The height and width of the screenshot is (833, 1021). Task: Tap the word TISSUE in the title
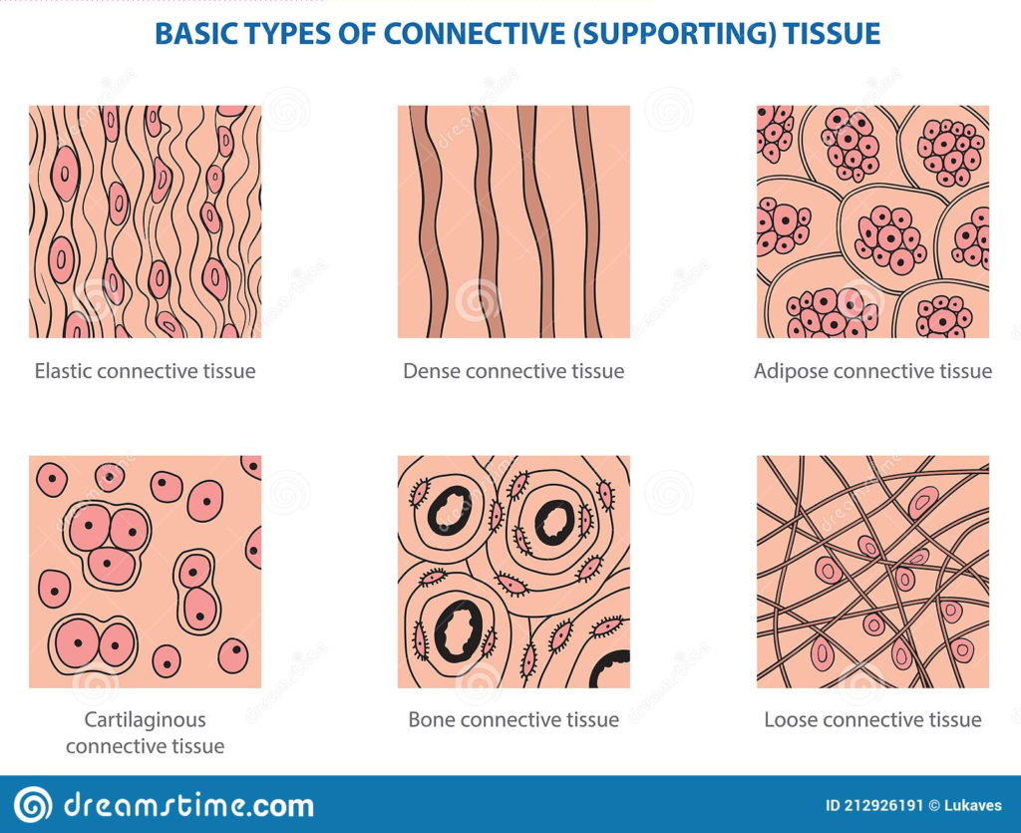(832, 34)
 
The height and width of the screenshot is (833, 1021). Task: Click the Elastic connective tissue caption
(145, 371)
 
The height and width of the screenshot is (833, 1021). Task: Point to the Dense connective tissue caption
(513, 371)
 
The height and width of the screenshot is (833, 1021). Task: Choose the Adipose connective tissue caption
(872, 371)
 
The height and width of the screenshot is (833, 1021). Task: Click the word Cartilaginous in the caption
(145, 720)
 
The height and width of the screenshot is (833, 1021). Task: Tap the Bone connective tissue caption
(513, 719)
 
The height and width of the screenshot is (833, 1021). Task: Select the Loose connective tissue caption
(872, 719)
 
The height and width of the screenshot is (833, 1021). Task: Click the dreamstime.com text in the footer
(188, 806)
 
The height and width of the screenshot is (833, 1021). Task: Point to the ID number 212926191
(883, 806)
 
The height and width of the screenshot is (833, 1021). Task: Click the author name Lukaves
(973, 806)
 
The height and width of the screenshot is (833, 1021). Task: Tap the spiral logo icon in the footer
(33, 805)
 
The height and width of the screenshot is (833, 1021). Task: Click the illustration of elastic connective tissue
(145, 221)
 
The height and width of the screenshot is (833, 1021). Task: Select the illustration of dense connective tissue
(513, 221)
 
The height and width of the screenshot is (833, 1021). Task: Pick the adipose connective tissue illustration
(872, 221)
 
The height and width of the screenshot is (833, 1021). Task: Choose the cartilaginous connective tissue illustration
(145, 572)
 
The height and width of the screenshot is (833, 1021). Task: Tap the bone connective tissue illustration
(513, 572)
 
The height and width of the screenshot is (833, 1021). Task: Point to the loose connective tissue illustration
(872, 572)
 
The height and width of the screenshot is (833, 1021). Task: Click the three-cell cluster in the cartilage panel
(108, 545)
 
